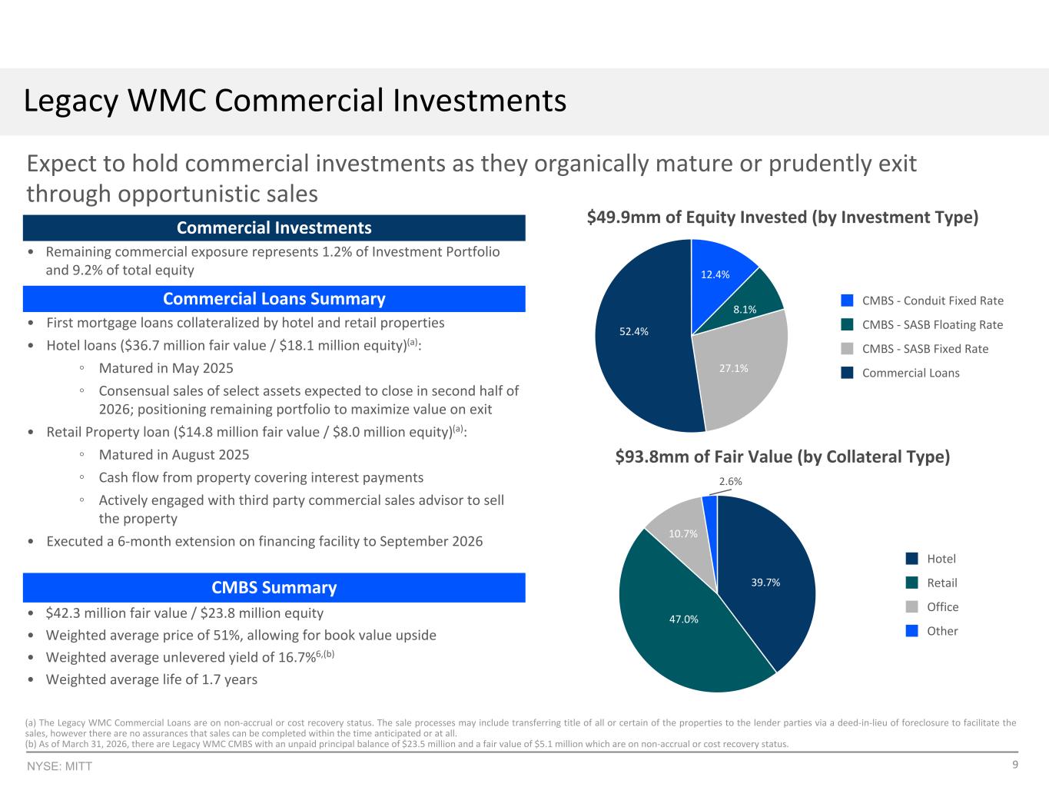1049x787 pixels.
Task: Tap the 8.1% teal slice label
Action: pos(745,310)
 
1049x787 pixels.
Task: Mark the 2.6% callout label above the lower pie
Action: pos(730,481)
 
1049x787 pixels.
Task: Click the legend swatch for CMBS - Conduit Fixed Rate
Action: pos(847,301)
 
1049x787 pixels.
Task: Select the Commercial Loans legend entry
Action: pos(900,373)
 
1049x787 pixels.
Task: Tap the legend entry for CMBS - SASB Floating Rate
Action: pos(922,324)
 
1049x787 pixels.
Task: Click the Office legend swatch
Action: pos(912,607)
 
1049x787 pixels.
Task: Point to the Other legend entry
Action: pos(932,631)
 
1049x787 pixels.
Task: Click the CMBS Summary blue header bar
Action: pos(274,587)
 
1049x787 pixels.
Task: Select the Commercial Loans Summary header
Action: pos(274,299)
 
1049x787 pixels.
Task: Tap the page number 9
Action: pos(1015,765)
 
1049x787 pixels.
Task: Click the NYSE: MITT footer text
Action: pos(59,766)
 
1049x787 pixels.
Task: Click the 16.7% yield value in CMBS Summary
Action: pos(297,658)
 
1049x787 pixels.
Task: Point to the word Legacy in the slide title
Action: pos(71,101)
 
